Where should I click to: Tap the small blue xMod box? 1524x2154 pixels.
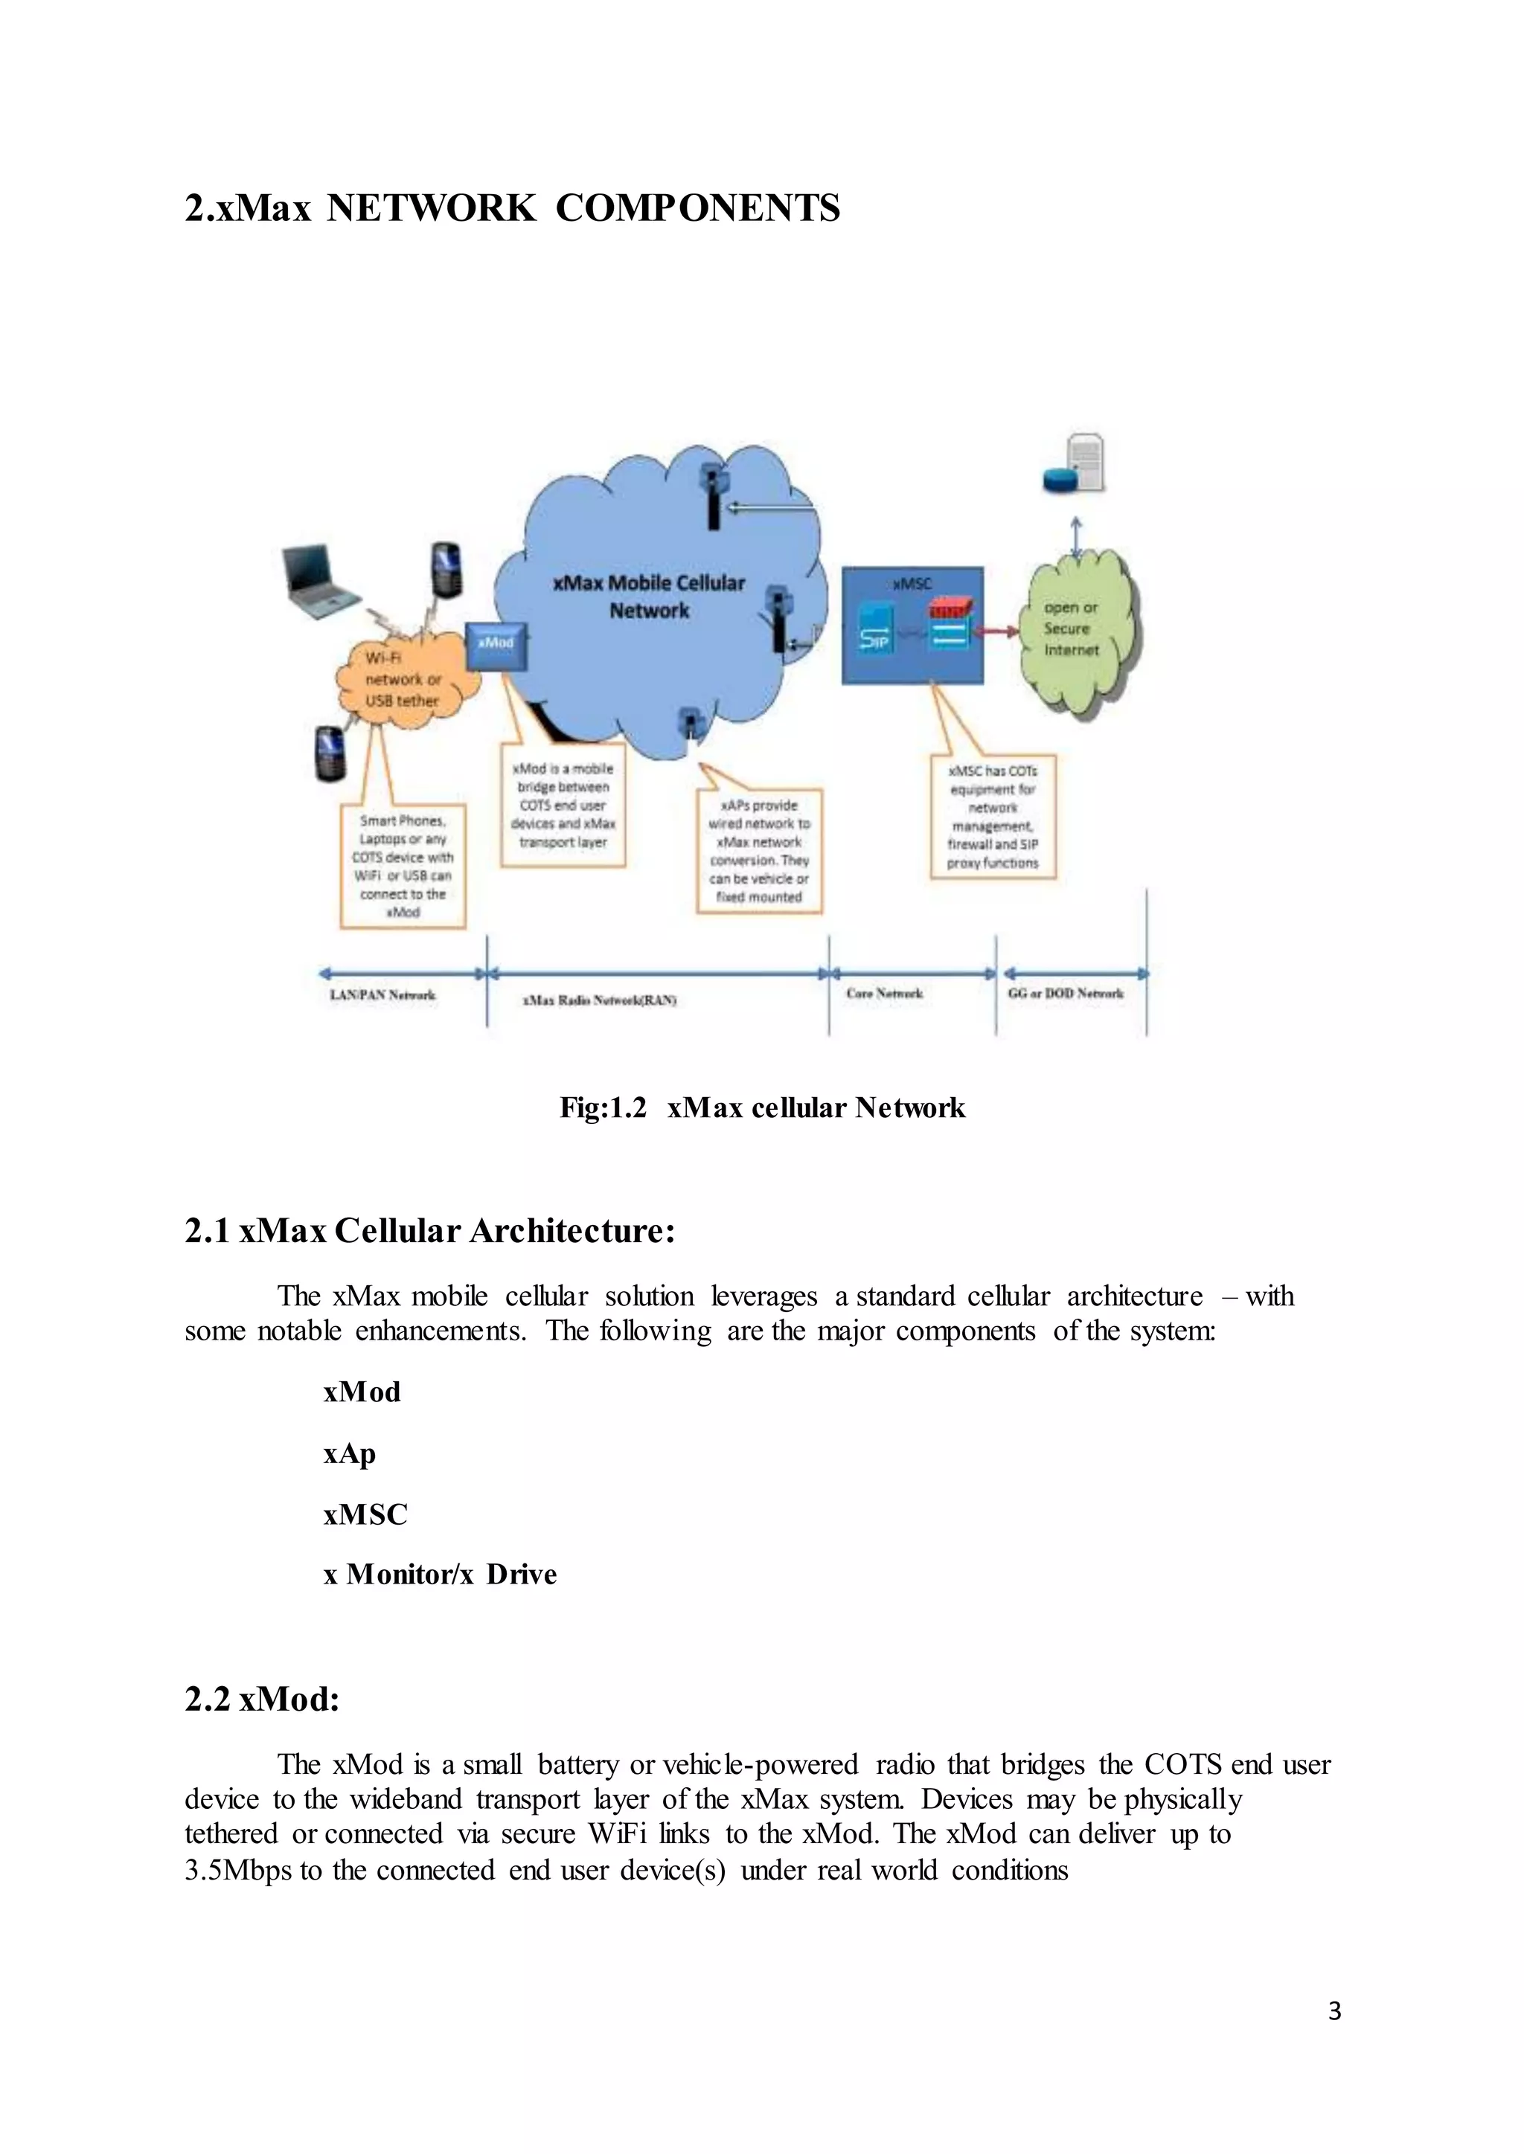click(496, 645)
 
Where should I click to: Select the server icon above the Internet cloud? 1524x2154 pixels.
click(1075, 464)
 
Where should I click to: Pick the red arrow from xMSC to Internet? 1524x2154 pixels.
click(999, 631)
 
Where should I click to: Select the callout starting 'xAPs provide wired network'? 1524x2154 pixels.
click(759, 851)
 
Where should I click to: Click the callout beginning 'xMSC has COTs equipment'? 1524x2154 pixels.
click(993, 816)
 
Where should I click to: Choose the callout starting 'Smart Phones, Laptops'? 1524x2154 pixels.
click(403, 866)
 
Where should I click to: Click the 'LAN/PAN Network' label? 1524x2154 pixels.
click(383, 994)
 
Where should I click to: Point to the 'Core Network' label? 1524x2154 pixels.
click(884, 992)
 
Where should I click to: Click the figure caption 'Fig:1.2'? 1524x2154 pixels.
click(603, 1108)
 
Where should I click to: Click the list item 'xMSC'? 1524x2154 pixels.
click(365, 1514)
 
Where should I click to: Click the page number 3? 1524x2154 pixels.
click(1334, 2010)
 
